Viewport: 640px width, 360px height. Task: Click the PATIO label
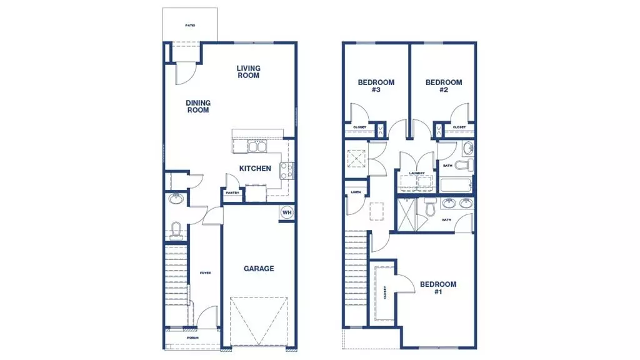click(x=190, y=26)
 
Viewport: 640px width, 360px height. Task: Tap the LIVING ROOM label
click(x=248, y=72)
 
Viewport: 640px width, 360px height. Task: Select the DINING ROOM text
click(x=197, y=107)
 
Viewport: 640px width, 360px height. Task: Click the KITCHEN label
click(x=256, y=168)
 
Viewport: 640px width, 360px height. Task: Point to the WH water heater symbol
click(x=287, y=212)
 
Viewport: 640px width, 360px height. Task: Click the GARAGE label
click(x=259, y=269)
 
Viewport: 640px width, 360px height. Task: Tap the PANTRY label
click(x=232, y=193)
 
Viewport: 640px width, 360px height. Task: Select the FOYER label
click(x=205, y=273)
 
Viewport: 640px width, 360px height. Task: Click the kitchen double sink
click(x=257, y=147)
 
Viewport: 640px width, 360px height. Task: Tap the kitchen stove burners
click(x=286, y=171)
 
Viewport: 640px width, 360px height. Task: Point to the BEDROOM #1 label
click(x=438, y=288)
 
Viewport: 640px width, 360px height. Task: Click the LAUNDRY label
click(x=417, y=173)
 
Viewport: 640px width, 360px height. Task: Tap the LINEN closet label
click(x=356, y=192)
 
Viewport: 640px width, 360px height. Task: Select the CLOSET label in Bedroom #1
click(x=385, y=292)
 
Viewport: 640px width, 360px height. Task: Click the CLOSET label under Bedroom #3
click(x=359, y=127)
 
